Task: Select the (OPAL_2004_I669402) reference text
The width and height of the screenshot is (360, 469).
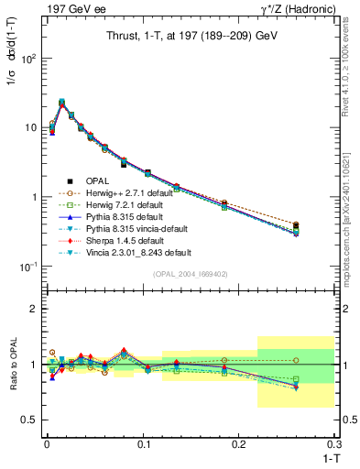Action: click(x=191, y=274)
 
